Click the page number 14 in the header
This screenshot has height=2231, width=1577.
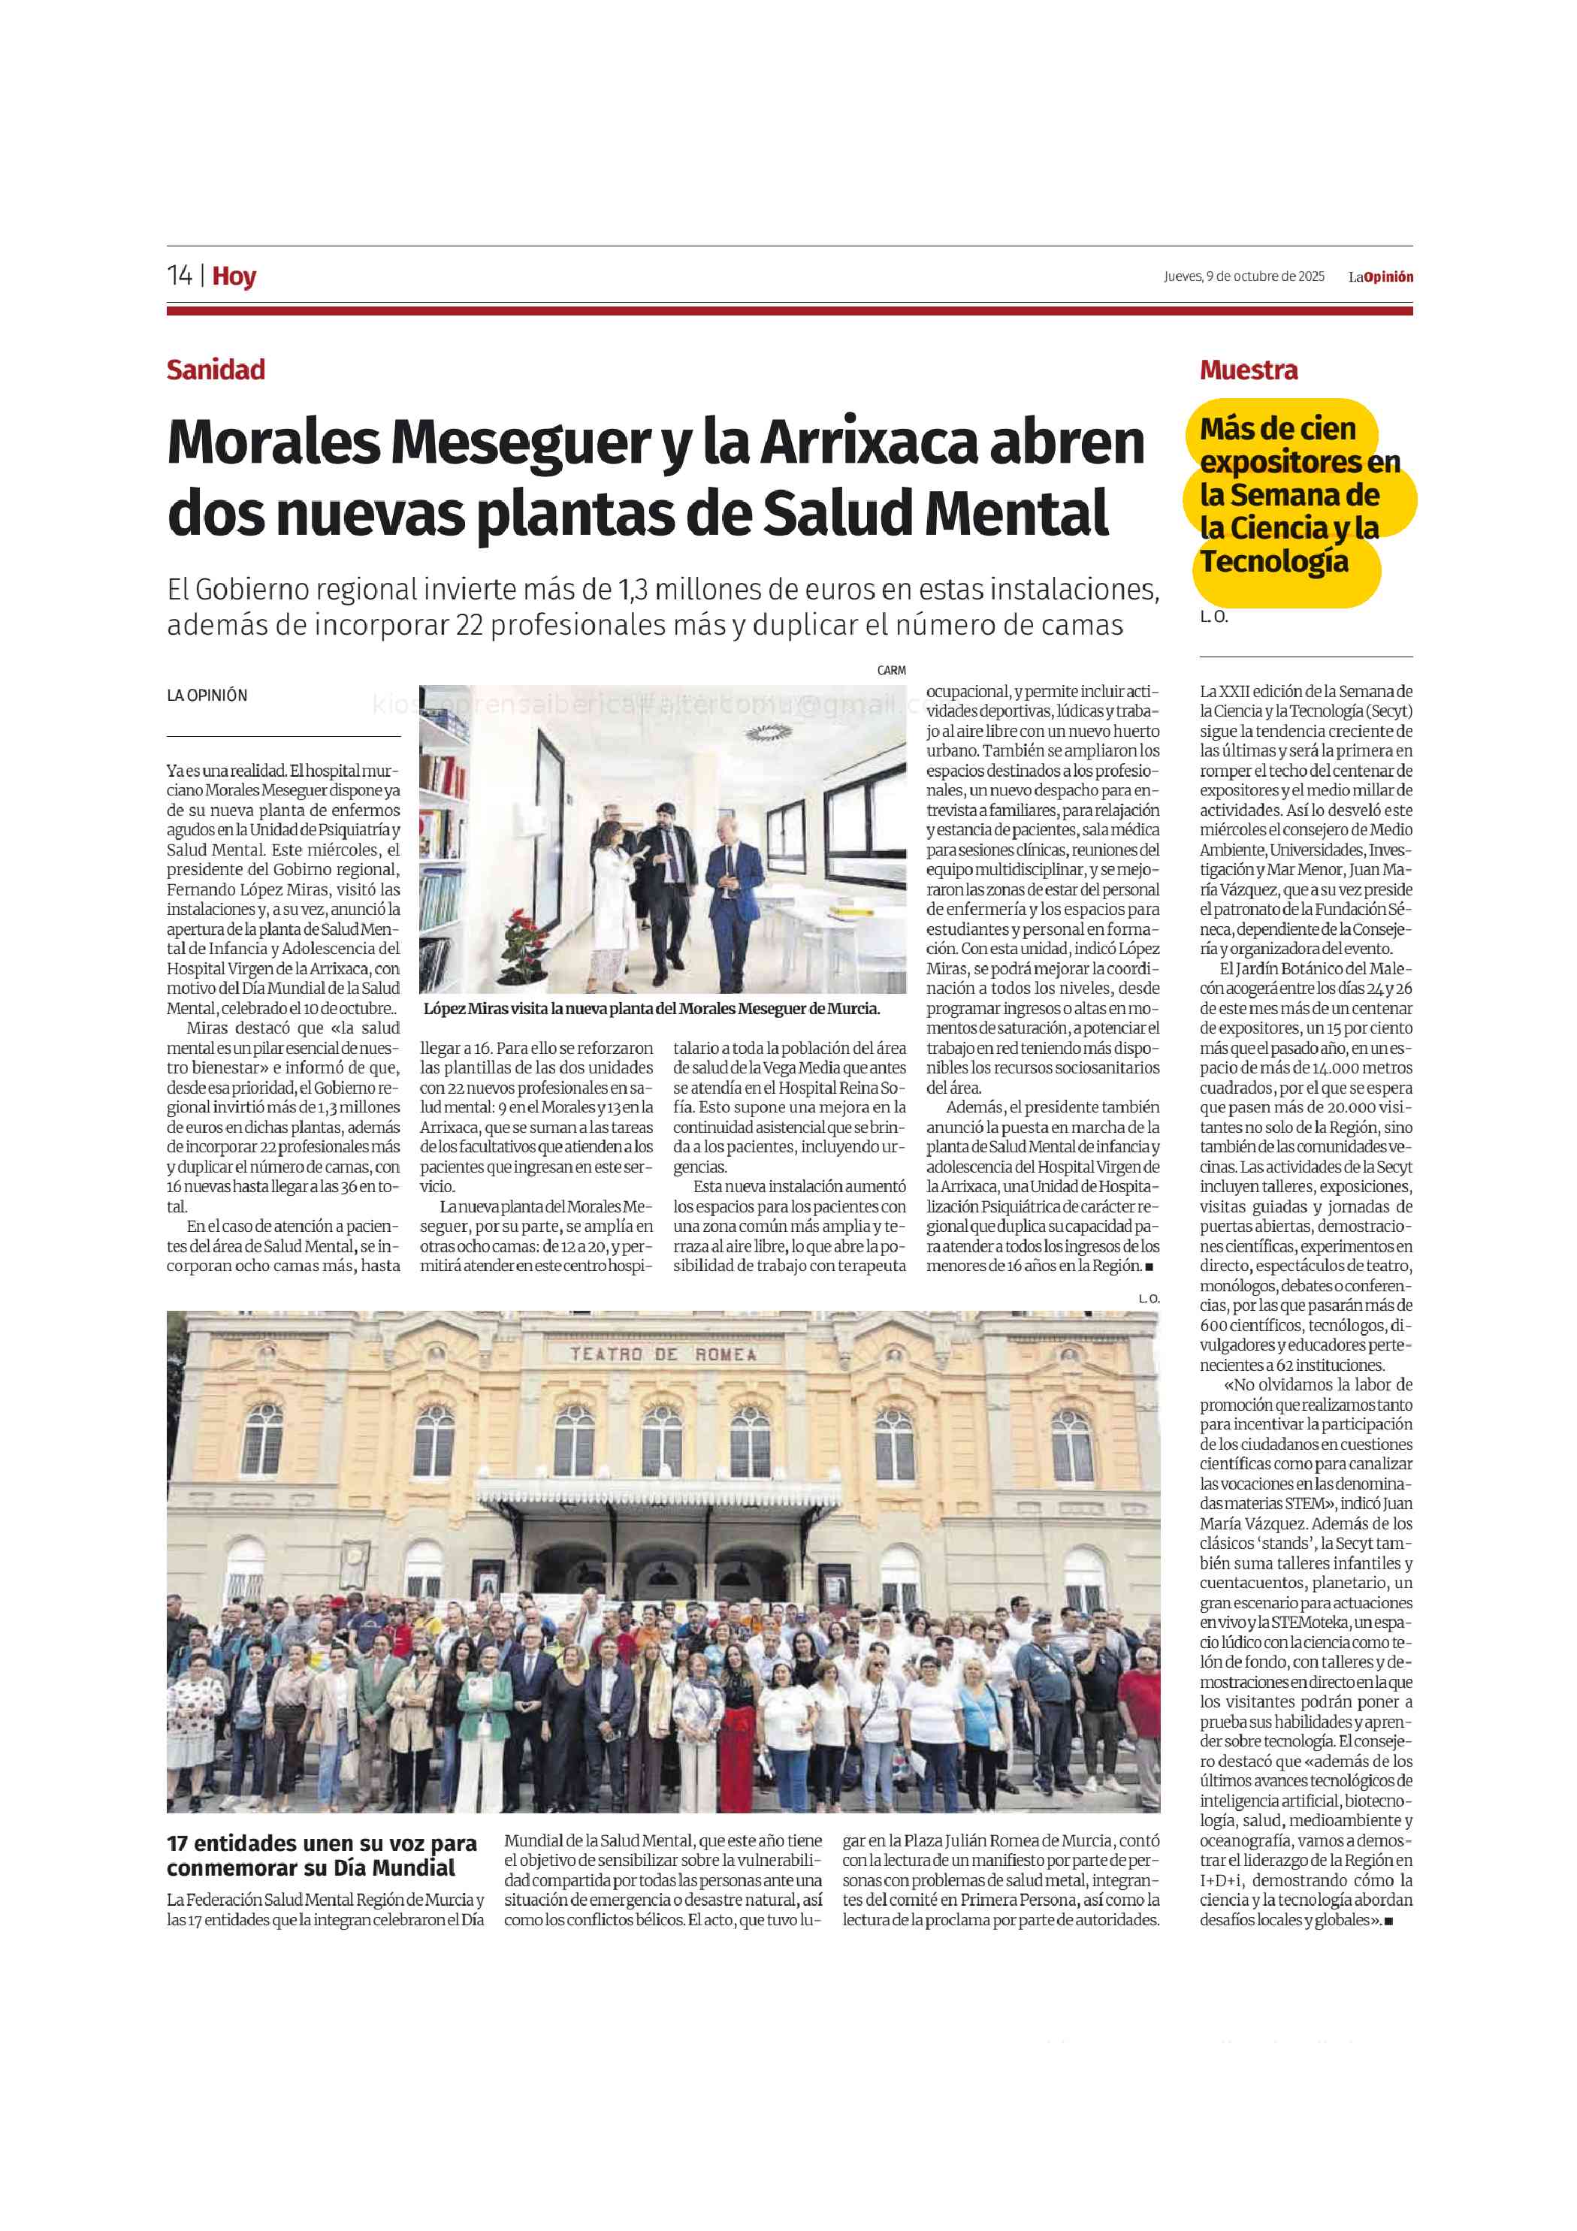(x=180, y=276)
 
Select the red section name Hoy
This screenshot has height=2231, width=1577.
(x=234, y=277)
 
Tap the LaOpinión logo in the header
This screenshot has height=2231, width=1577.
(x=1379, y=277)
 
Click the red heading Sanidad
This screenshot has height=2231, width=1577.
(x=216, y=370)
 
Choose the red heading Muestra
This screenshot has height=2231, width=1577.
(x=1249, y=370)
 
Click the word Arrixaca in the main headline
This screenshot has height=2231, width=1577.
(x=869, y=444)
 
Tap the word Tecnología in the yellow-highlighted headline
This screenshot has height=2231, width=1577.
(x=1273, y=562)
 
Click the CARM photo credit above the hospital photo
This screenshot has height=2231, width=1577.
(x=891, y=671)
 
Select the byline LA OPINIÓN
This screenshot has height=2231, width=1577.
(x=207, y=696)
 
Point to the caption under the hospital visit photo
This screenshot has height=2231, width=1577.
(x=651, y=1009)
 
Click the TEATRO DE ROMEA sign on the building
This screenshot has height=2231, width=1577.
(x=663, y=1354)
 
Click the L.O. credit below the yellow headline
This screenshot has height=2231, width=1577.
(x=1213, y=617)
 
